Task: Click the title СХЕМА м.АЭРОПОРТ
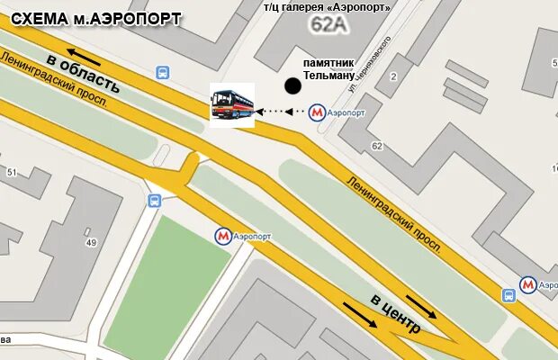point(96,19)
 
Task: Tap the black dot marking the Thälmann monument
point(292,86)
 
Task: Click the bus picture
point(232,104)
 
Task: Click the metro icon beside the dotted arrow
point(317,112)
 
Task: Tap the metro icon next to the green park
point(222,236)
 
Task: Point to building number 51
point(13,172)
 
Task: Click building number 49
point(91,242)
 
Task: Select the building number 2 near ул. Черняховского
point(393,77)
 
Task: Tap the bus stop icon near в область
point(162,72)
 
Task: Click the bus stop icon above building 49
point(154,201)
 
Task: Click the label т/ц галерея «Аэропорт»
point(327,7)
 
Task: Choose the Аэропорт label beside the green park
point(252,236)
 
